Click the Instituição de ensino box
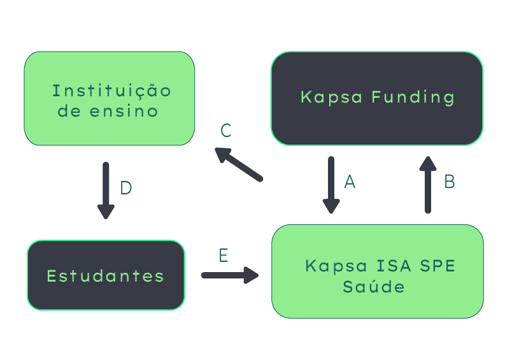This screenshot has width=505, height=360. tap(110, 99)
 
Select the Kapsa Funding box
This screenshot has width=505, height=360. tap(377, 98)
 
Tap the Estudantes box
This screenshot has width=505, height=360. tap(106, 275)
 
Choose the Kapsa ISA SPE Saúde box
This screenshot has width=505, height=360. tap(377, 271)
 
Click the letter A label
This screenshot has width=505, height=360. tap(349, 182)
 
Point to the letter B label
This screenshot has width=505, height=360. tap(449, 182)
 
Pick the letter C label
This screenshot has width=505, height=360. tap(225, 131)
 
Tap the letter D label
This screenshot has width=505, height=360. tap(126, 188)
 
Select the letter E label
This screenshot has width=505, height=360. tap(224, 256)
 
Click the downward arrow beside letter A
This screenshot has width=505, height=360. tap(331, 185)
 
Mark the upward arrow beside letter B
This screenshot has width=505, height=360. tap(428, 184)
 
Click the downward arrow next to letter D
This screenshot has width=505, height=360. tap(106, 191)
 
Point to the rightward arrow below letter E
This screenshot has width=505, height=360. tap(230, 275)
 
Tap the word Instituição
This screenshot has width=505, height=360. tap(111, 90)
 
